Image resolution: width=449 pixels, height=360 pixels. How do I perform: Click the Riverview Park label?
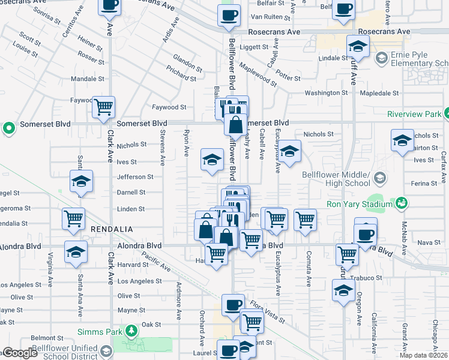pyautogui.click(x=414, y=113)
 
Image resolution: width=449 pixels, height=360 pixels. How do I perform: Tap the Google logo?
pyautogui.click(x=19, y=353)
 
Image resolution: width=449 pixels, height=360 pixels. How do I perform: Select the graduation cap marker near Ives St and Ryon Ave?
pyautogui.click(x=211, y=160)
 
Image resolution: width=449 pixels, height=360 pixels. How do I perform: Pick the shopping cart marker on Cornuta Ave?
pyautogui.click(x=305, y=219)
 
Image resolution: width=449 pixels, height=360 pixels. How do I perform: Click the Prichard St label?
pyautogui.click(x=181, y=75)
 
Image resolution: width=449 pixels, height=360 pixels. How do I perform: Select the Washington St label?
pyautogui.click(x=326, y=93)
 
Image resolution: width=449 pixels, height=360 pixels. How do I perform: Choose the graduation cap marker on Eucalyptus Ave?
pyautogui.click(x=289, y=151)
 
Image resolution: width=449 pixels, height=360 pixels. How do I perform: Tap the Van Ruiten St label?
pyautogui.click(x=266, y=16)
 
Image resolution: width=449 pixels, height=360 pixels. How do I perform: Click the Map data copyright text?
pyautogui.click(x=423, y=355)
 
